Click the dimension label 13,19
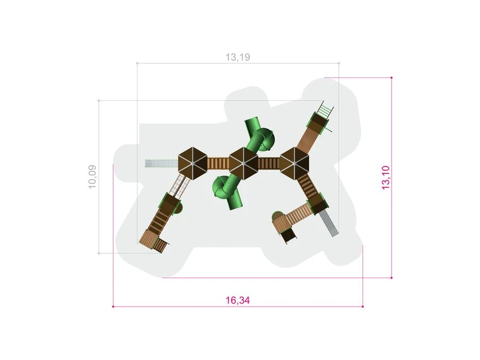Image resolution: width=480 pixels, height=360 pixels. click(238, 57)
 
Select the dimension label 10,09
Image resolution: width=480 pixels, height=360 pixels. click(92, 177)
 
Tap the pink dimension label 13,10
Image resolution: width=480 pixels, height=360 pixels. click(386, 178)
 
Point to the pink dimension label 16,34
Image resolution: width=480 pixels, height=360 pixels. click(238, 300)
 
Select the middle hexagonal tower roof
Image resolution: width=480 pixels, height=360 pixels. click(244, 164)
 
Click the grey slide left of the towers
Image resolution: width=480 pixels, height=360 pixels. click(162, 164)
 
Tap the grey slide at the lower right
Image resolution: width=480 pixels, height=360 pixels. click(329, 223)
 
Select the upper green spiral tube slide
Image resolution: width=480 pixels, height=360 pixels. click(259, 136)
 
